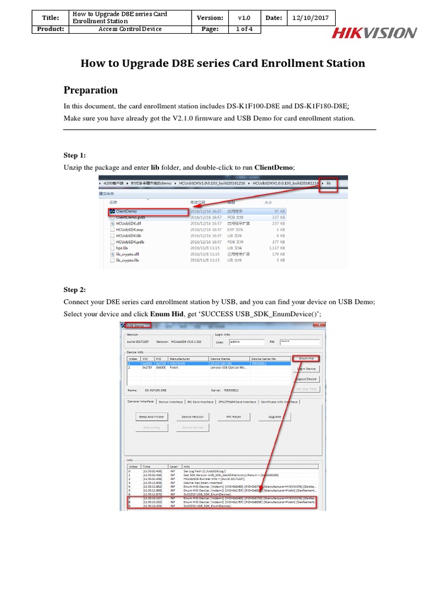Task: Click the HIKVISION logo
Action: pos(373,33)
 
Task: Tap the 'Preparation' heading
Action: pos(90,90)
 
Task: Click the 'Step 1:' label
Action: pos(74,155)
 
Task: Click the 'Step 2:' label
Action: pos(74,289)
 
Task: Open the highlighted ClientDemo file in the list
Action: pos(127,212)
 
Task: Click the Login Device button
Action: pos(306,369)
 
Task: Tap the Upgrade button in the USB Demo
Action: pos(275,417)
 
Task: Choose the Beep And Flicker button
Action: pos(151,417)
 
